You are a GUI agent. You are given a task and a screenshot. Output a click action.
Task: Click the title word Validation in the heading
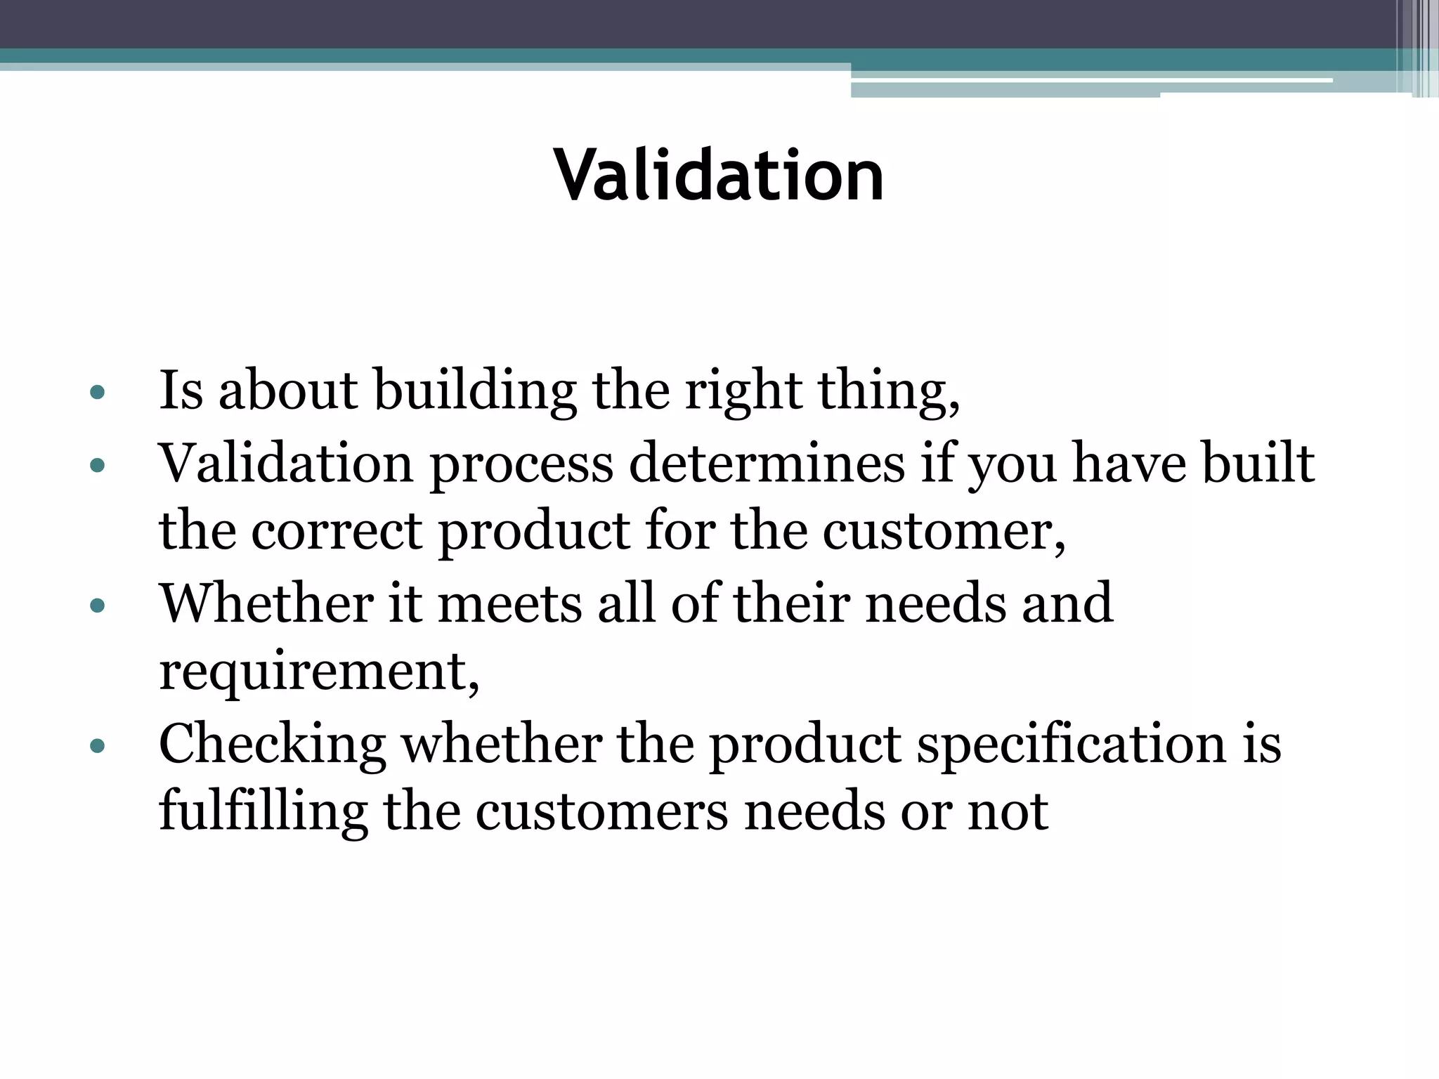[718, 175]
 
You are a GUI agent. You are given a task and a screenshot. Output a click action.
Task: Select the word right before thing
[743, 391]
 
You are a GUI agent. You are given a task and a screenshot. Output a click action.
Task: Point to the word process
[521, 465]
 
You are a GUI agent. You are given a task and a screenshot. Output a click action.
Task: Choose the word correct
[337, 531]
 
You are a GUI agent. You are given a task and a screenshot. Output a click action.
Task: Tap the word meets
[509, 604]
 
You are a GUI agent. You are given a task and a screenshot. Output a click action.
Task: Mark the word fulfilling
[263, 812]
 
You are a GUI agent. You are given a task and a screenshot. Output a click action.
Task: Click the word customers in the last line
[601, 812]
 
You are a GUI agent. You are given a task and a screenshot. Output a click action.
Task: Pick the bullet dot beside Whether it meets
[98, 605]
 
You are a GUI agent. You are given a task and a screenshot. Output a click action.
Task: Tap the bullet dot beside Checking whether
[98, 745]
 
